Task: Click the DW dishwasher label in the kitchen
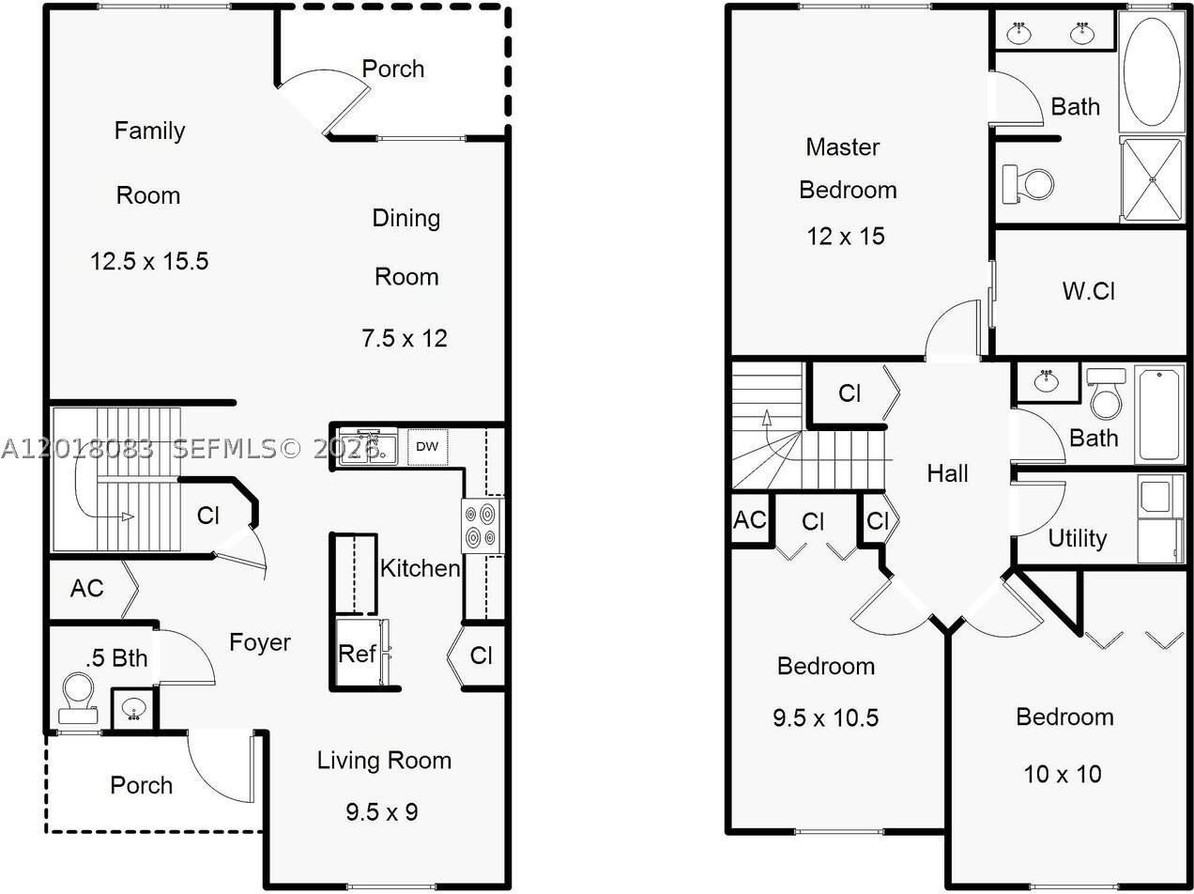click(x=427, y=447)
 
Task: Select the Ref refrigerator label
click(x=357, y=654)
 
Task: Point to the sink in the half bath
click(x=134, y=709)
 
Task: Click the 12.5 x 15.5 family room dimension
click(x=149, y=261)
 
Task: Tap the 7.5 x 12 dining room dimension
click(x=405, y=338)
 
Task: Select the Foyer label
click(x=260, y=642)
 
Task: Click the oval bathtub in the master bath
click(x=1152, y=72)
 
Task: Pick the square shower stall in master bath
click(x=1152, y=180)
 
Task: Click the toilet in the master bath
click(x=1027, y=184)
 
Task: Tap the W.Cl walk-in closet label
click(x=1089, y=291)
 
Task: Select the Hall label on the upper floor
click(x=947, y=473)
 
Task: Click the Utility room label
click(x=1077, y=539)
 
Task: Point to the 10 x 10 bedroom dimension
click(x=1063, y=775)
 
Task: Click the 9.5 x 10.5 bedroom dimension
click(x=826, y=717)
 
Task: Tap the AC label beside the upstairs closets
click(x=750, y=520)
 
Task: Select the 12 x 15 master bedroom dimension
click(x=846, y=236)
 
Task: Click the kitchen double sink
click(x=368, y=448)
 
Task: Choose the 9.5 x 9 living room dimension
click(x=382, y=812)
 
